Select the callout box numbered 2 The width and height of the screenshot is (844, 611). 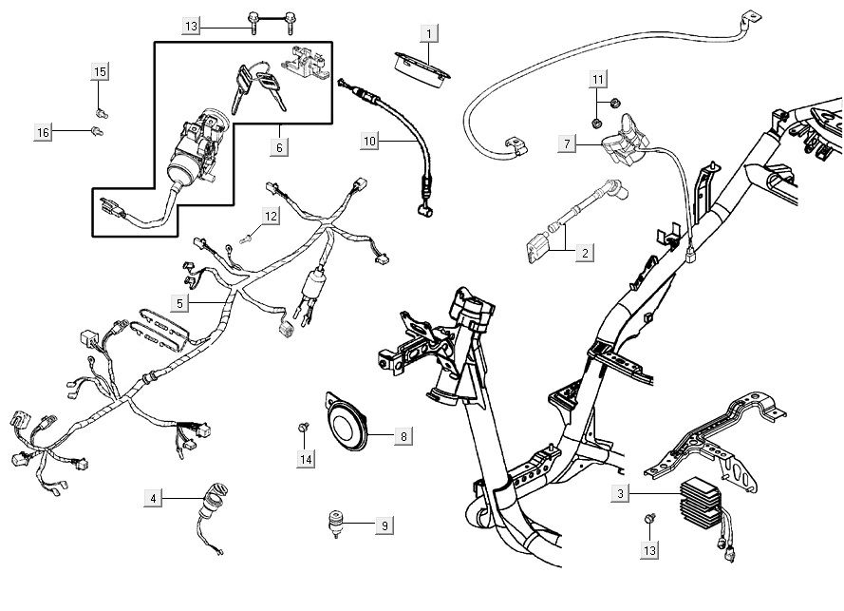click(x=585, y=253)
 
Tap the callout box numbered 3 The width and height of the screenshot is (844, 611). click(x=620, y=494)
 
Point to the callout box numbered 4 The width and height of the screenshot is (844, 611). click(x=152, y=497)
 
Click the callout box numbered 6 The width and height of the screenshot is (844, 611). click(x=279, y=147)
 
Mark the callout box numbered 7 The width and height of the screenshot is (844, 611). click(x=566, y=143)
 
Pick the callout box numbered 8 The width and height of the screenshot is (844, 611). click(x=403, y=437)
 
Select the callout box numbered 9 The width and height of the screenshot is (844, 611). click(x=384, y=525)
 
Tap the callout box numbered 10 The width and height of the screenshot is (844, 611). click(x=370, y=142)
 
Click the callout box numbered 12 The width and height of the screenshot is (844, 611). click(x=271, y=217)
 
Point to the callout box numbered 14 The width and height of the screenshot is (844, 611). click(x=306, y=460)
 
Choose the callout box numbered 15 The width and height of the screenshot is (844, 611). click(x=100, y=71)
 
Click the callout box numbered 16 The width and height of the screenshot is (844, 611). click(x=43, y=133)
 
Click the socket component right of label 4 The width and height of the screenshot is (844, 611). click(x=212, y=502)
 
